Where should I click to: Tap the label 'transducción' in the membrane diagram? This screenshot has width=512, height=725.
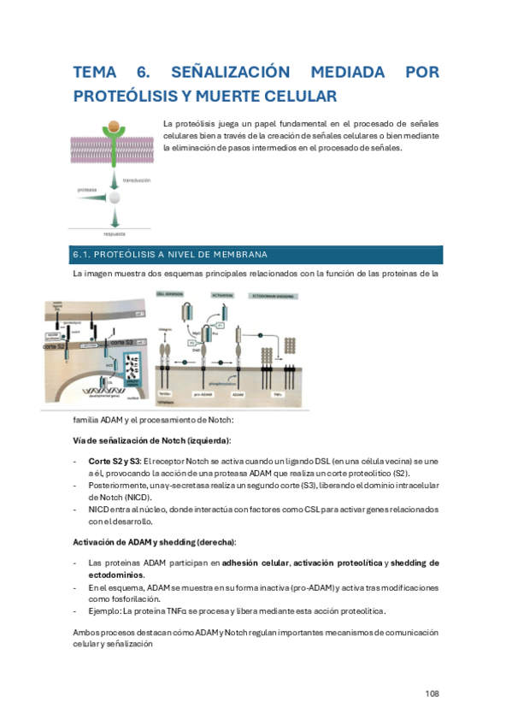point(137,180)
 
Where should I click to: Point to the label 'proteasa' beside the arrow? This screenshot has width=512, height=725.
point(86,189)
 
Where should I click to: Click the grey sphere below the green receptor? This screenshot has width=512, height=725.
point(114,198)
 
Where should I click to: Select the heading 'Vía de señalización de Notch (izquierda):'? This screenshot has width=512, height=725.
point(151,440)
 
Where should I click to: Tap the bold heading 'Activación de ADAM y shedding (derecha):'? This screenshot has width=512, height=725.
point(155,543)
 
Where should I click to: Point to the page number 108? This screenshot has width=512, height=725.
point(432,693)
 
